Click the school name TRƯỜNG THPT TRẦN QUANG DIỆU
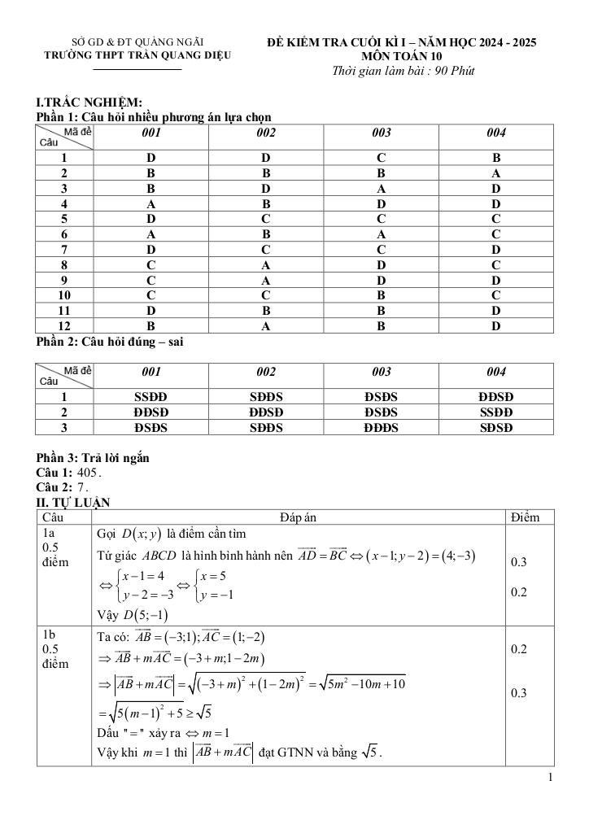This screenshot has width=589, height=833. [137, 55]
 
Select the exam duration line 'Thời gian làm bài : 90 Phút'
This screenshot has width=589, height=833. [404, 71]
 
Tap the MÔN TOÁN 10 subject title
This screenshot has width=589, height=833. [403, 56]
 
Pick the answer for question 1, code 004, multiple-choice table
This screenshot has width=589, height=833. [496, 158]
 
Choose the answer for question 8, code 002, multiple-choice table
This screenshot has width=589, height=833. [265, 264]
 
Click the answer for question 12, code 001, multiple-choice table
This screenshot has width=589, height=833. [151, 326]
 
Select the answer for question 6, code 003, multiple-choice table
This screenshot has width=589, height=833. [381, 234]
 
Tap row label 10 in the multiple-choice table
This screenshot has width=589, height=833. [64, 295]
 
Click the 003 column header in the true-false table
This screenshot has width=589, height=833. [381, 372]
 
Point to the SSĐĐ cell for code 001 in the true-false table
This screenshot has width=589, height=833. [151, 397]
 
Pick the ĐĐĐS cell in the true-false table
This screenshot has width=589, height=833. [381, 427]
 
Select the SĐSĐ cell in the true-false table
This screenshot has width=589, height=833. [496, 427]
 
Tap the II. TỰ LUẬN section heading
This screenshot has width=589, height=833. [73, 502]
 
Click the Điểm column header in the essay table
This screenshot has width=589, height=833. [530, 517]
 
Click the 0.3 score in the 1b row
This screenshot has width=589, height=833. [518, 693]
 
